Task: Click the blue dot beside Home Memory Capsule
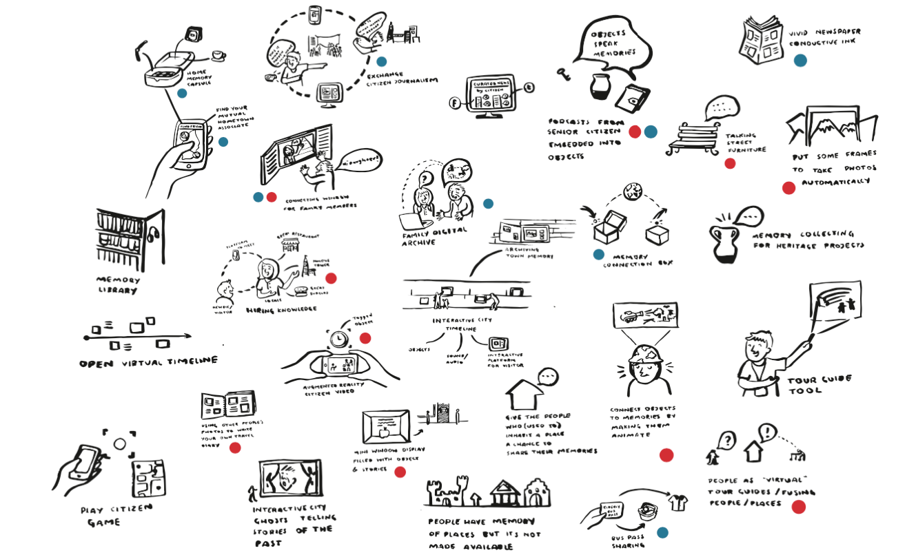[x=182, y=93]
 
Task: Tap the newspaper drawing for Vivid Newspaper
[x=759, y=40]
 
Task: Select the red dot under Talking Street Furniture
[x=730, y=163]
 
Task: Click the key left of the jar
[x=568, y=72]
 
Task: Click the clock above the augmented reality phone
[x=337, y=339]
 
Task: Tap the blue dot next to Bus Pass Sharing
[x=662, y=532]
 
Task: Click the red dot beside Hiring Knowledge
[x=331, y=278]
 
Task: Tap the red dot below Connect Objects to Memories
[x=666, y=455]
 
